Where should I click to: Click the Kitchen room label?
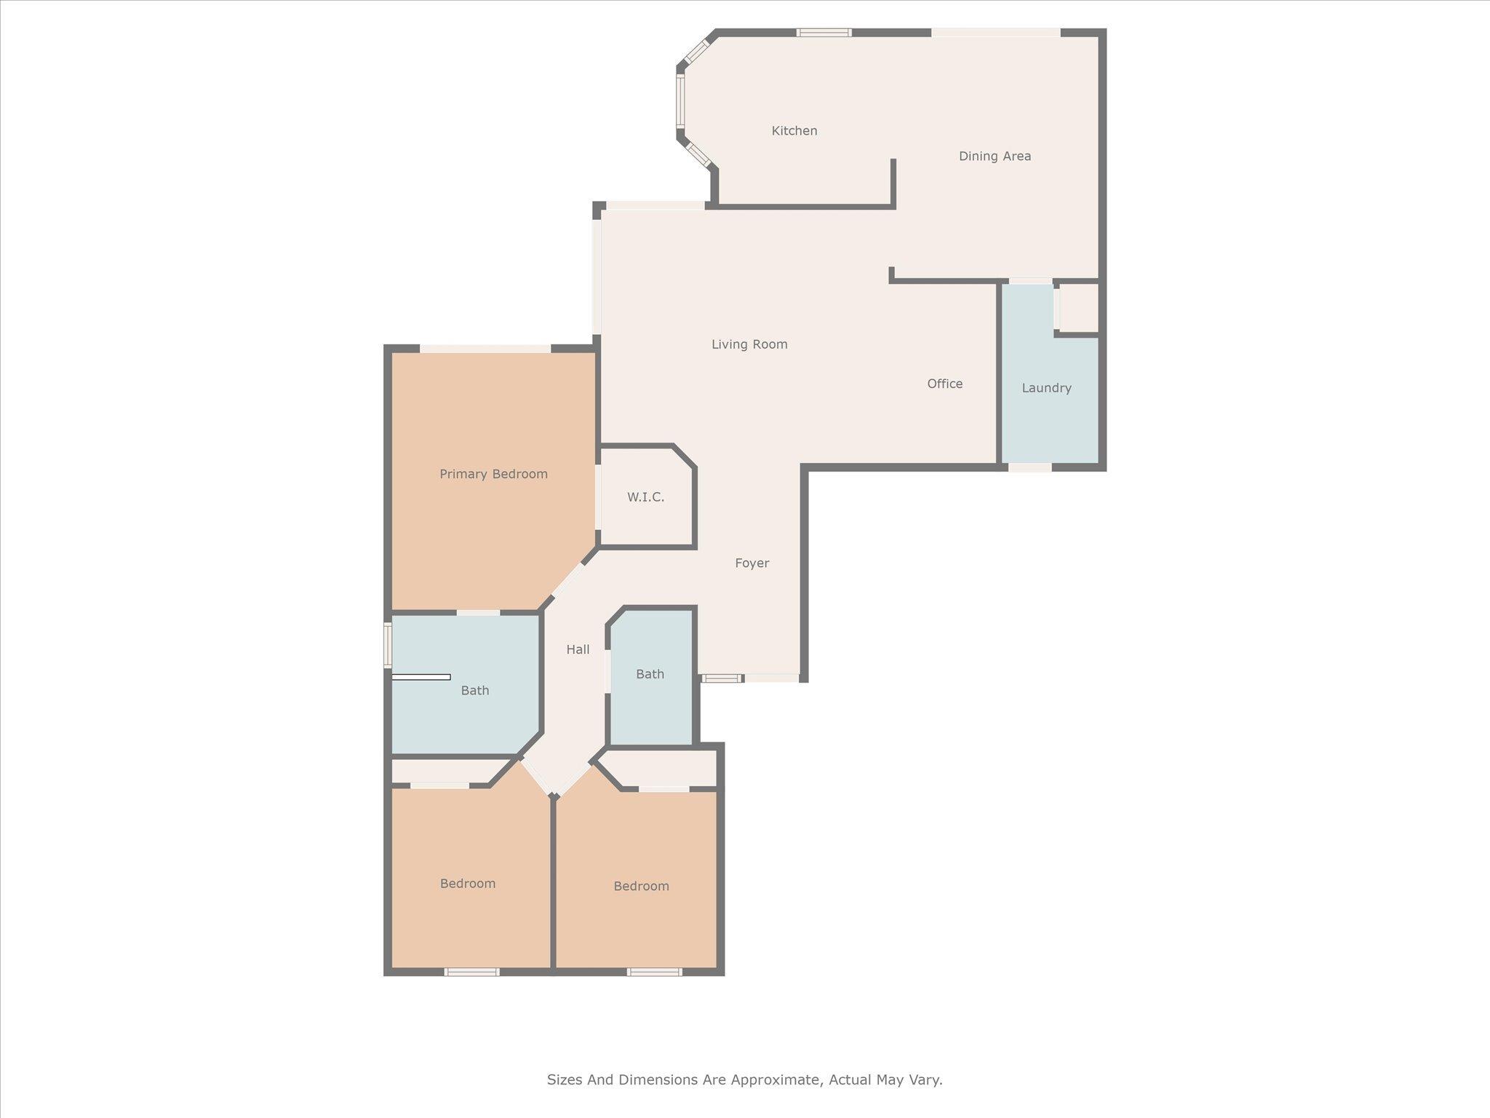tap(794, 131)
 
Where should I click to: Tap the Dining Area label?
tap(994, 156)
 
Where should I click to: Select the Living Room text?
tap(749, 344)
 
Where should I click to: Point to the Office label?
tap(944, 384)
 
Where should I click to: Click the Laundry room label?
tap(1045, 388)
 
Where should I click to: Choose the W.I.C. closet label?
tap(645, 497)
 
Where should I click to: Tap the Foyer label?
tap(752, 563)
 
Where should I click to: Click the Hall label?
tap(578, 649)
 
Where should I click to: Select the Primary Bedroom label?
tap(493, 474)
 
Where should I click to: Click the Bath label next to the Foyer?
tap(650, 674)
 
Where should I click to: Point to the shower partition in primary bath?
tap(421, 677)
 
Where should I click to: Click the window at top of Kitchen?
tap(823, 32)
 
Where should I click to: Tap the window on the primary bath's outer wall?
tap(388, 644)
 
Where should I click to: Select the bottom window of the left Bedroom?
tap(471, 972)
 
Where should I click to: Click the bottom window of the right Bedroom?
tap(654, 972)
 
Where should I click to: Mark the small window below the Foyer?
tap(722, 678)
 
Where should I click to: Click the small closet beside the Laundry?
tap(1077, 307)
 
